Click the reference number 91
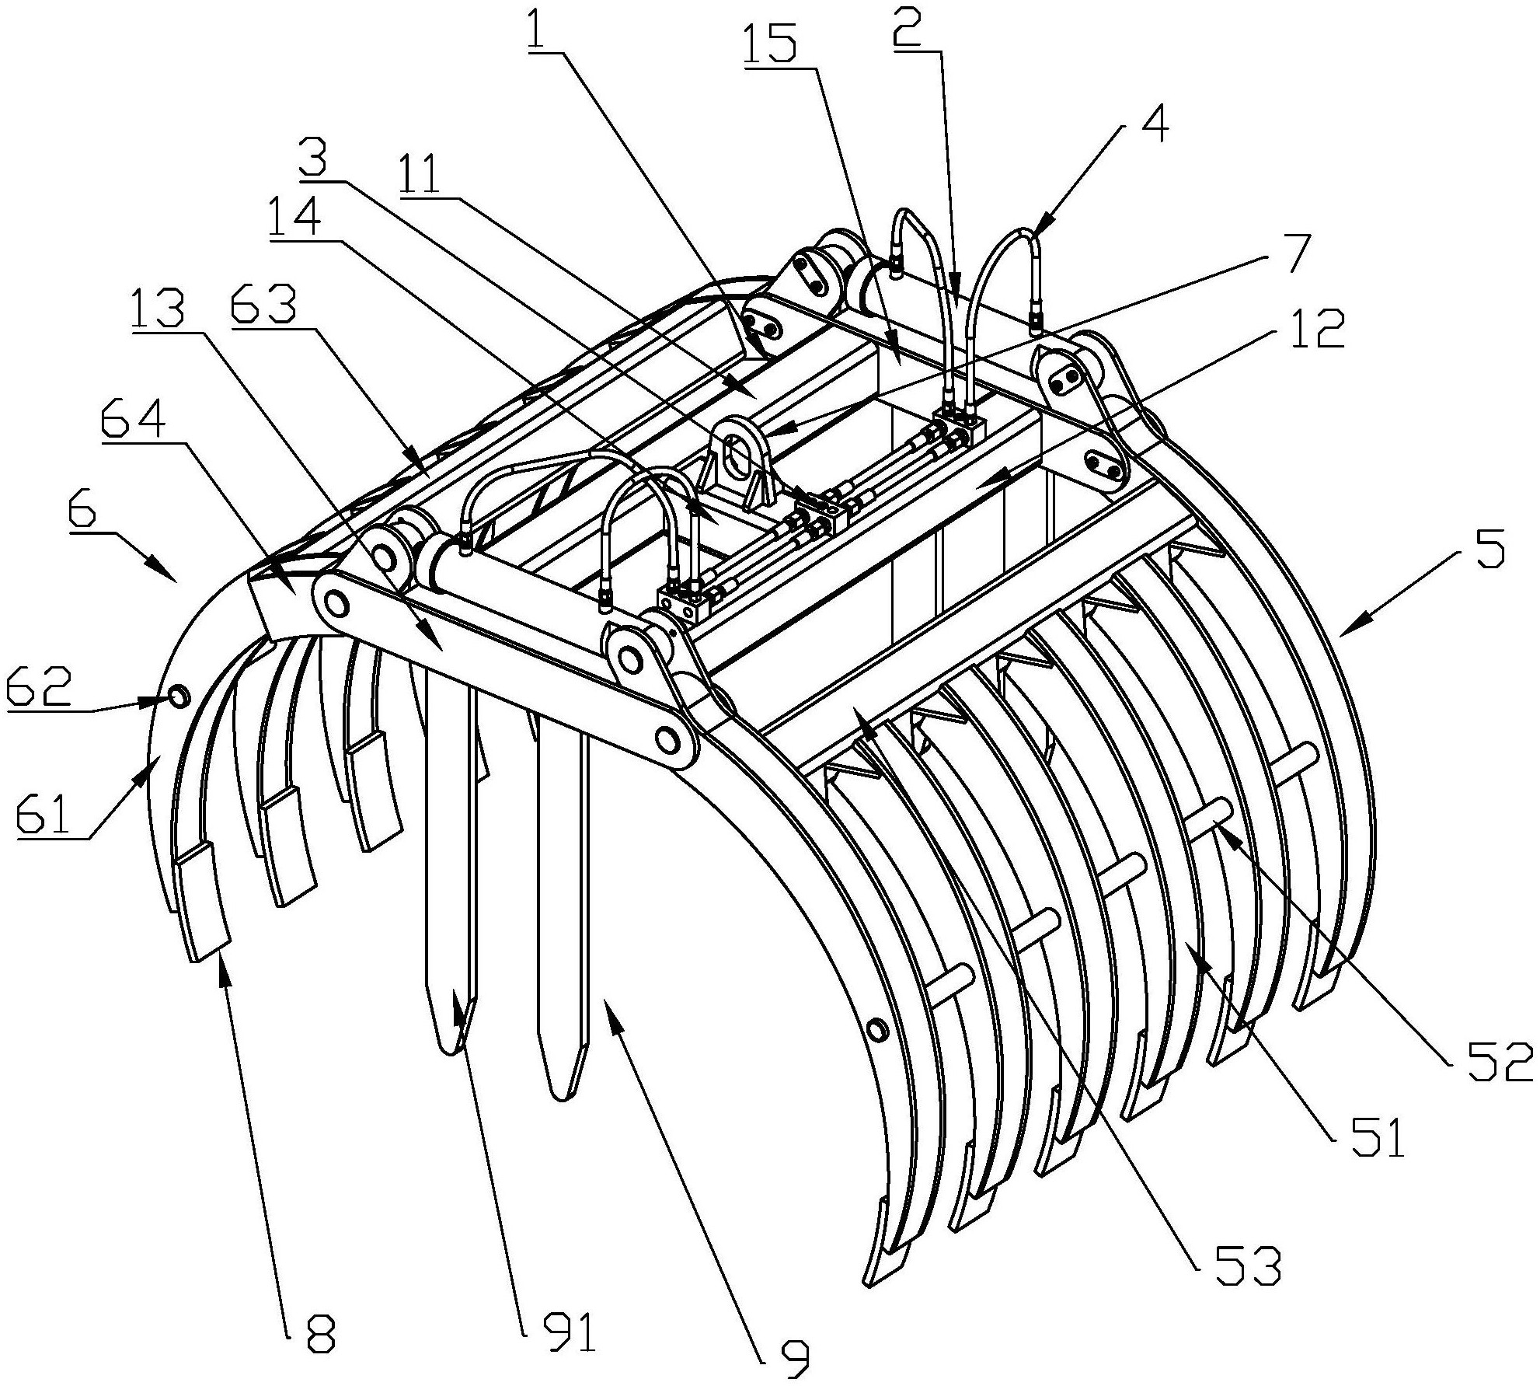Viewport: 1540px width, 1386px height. (568, 1331)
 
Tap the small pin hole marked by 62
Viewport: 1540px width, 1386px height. (178, 673)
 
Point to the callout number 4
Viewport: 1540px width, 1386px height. (1156, 125)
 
